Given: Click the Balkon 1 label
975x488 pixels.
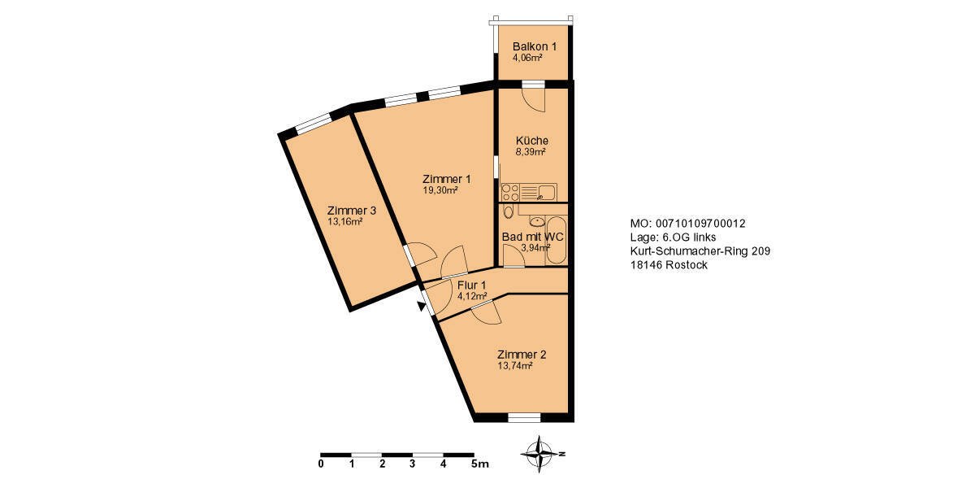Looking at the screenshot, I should [534, 46].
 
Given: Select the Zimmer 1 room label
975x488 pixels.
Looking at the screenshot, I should [446, 179].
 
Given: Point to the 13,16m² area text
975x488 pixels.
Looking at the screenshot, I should [344, 221].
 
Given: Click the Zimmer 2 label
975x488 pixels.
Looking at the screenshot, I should [521, 355].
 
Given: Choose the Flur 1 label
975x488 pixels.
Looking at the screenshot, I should [471, 285].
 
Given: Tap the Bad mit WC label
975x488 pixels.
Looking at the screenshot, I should [533, 237].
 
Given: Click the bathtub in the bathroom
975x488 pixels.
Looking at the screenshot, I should [557, 240].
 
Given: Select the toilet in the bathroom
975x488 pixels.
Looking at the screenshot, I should [509, 213].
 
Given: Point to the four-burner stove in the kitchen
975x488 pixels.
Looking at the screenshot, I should [510, 193].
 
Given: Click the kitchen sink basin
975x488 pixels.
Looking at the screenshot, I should [546, 192].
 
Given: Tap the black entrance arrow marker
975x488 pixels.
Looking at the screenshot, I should [421, 307].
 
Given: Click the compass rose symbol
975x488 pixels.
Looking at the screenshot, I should [539, 454].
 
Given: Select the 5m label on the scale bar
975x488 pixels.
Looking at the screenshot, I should [479, 464].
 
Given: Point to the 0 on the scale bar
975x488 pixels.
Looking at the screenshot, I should [321, 464].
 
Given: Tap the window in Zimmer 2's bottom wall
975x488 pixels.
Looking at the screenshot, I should [524, 418].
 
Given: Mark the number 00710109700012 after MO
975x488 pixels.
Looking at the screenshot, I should [700, 224].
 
